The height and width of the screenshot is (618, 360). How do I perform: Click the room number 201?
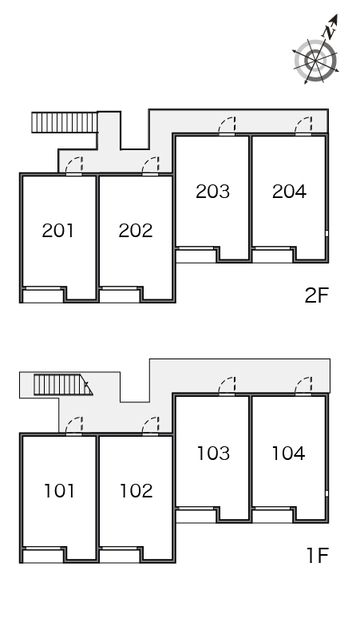coord(58,231)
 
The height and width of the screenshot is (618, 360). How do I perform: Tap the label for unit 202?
coord(136,231)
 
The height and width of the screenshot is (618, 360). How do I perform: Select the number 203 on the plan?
coord(212,191)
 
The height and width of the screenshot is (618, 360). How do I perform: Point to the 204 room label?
coord(289,191)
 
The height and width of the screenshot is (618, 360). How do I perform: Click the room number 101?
coord(59,491)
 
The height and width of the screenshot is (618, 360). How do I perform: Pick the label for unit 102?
coord(136,491)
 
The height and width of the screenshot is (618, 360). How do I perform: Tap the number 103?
coord(213,454)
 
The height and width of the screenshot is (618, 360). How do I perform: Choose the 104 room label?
coord(289,454)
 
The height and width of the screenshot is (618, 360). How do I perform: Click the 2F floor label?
coord(316,295)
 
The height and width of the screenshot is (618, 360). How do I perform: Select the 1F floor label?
coord(318,556)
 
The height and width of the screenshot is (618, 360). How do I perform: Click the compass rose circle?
coord(315,61)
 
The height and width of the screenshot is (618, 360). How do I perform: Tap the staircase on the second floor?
coord(65,122)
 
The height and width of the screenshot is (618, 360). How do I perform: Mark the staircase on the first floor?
coord(63,385)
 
